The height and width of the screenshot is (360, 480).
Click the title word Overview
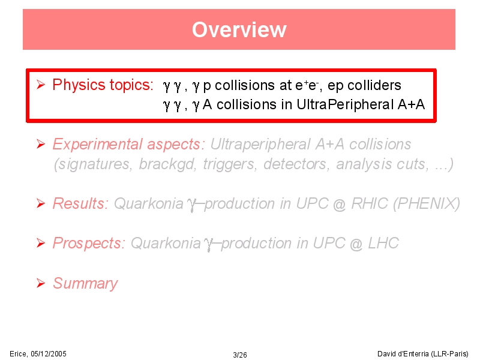[239, 29]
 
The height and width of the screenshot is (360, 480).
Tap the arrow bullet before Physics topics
[41, 85]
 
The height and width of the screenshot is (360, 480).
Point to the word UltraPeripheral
[345, 104]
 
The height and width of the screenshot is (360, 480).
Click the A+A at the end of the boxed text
[411, 104]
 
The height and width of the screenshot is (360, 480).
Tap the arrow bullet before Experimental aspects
[41, 144]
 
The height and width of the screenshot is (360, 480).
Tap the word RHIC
[370, 203]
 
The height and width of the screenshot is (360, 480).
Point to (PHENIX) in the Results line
[427, 204]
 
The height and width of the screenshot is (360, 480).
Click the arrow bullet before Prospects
[41, 243]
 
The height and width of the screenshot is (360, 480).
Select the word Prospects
[89, 244]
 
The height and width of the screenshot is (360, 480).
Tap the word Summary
[85, 283]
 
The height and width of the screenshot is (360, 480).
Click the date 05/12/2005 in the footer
[49, 354]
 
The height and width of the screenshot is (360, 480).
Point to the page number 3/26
[239, 355]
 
